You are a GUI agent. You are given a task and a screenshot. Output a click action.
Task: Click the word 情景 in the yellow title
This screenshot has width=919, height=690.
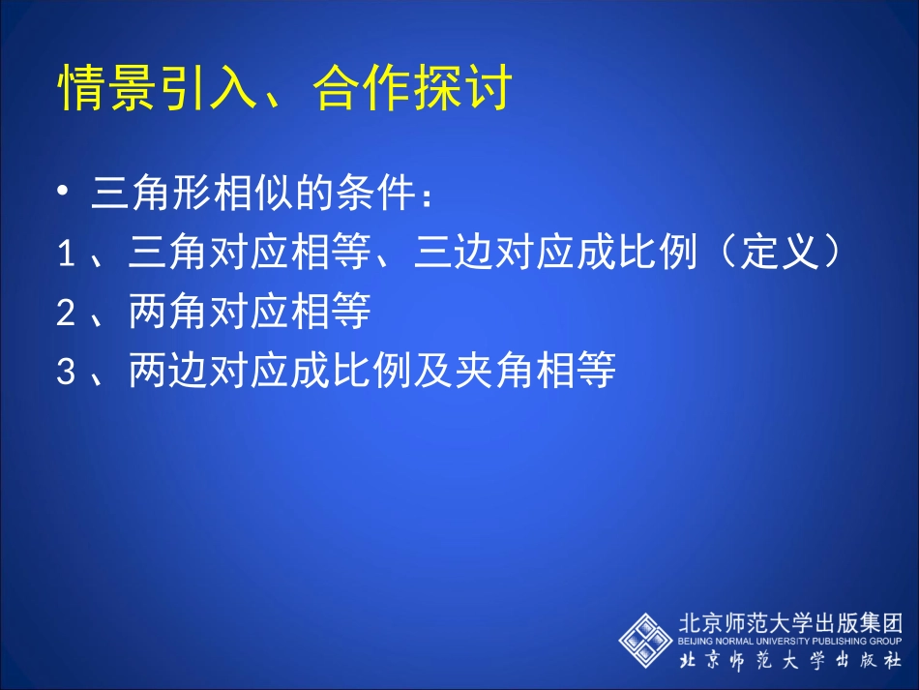point(108,91)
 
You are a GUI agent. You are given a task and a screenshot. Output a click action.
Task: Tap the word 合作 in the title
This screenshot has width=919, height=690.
point(360,91)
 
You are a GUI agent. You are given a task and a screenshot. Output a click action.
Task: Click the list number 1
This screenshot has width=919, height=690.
point(66,255)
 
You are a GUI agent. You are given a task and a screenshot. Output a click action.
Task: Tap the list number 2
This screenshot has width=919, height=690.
point(66,314)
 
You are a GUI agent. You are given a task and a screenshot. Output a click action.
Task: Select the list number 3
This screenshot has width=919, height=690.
point(66,373)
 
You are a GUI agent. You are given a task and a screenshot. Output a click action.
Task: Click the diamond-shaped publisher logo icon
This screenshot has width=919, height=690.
point(645,640)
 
